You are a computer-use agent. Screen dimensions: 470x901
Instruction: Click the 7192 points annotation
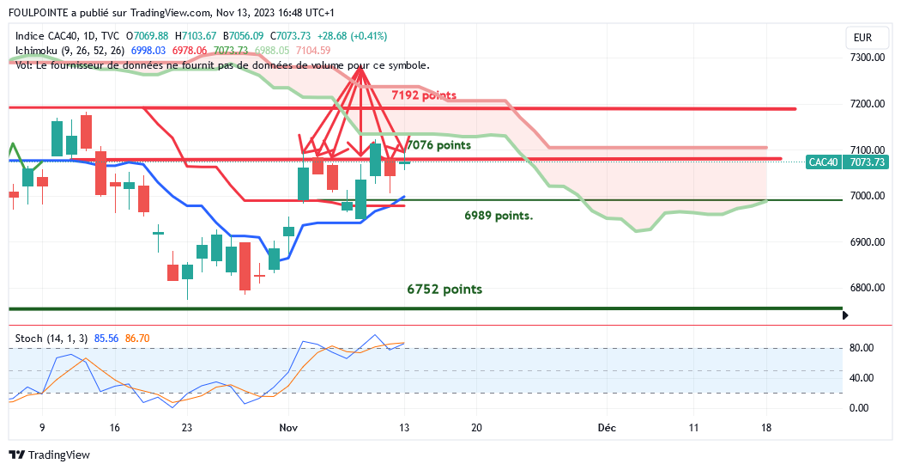click(423, 95)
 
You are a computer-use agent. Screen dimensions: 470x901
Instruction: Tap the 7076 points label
click(439, 145)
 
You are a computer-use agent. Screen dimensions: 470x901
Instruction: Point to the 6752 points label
click(444, 290)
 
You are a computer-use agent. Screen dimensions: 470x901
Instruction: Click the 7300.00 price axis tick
click(867, 58)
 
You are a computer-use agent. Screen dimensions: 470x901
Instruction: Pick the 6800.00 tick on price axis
click(867, 288)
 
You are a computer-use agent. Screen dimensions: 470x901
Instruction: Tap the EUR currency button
click(863, 38)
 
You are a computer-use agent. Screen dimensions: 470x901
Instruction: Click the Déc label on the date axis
click(607, 427)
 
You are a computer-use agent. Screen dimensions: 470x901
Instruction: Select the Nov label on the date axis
click(288, 427)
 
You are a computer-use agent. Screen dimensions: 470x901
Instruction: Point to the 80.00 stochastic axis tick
click(862, 348)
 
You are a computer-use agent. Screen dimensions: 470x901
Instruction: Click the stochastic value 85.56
click(106, 339)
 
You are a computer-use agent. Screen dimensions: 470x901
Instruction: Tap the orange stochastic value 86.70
click(137, 339)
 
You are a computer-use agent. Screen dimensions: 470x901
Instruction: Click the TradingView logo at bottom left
click(49, 455)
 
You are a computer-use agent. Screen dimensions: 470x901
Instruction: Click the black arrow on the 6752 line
click(846, 316)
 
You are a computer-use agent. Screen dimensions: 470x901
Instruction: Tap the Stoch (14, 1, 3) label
click(51, 339)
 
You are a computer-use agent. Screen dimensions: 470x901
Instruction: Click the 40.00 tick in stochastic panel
click(862, 378)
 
